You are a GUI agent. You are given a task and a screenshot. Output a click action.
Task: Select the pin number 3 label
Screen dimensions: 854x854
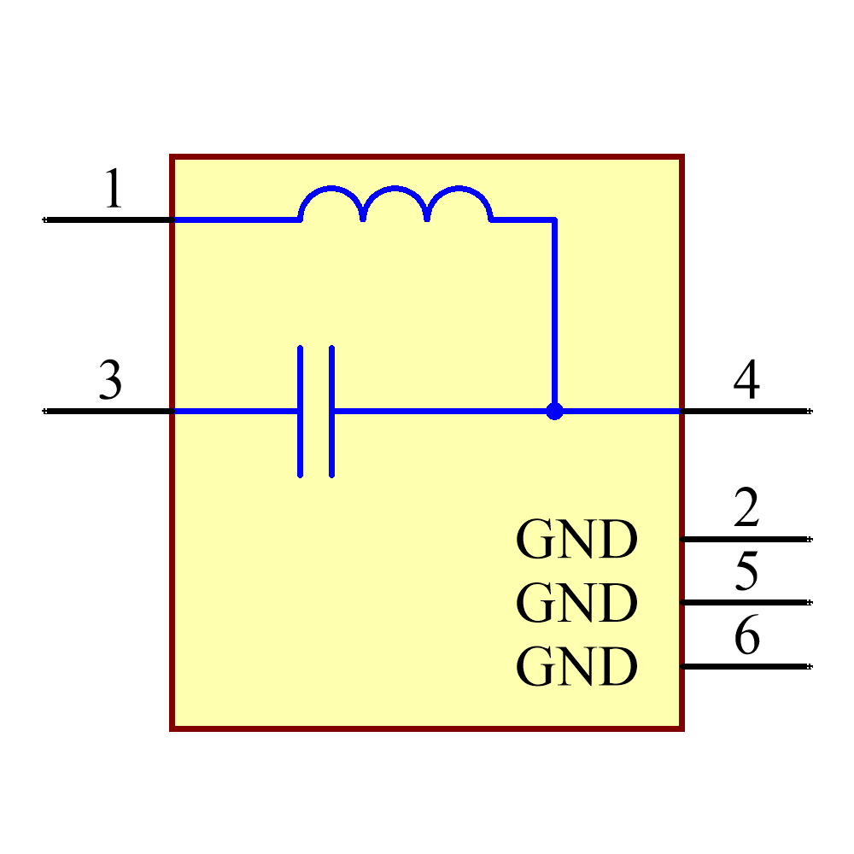pyautogui.click(x=110, y=380)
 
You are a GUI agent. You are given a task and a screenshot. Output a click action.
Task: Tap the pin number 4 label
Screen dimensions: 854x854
pyautogui.click(x=746, y=380)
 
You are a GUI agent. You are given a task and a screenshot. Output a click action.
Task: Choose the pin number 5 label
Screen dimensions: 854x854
pyautogui.click(x=746, y=571)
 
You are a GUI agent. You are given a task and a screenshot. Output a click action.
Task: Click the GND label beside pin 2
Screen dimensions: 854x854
pyautogui.click(x=576, y=540)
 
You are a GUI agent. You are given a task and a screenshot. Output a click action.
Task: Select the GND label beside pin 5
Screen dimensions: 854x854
pyautogui.click(x=576, y=603)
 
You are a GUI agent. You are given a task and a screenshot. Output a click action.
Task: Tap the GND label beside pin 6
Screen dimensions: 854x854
pyautogui.click(x=576, y=667)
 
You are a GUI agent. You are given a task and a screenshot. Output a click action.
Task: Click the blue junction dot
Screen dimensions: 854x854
pyautogui.click(x=555, y=412)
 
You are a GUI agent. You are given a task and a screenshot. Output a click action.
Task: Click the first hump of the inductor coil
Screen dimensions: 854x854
pyautogui.click(x=331, y=193)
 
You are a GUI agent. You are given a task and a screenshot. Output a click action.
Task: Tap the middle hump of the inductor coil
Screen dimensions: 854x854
pyautogui.click(x=395, y=193)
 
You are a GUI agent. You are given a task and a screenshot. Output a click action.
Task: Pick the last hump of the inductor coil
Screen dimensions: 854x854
pyautogui.click(x=459, y=193)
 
